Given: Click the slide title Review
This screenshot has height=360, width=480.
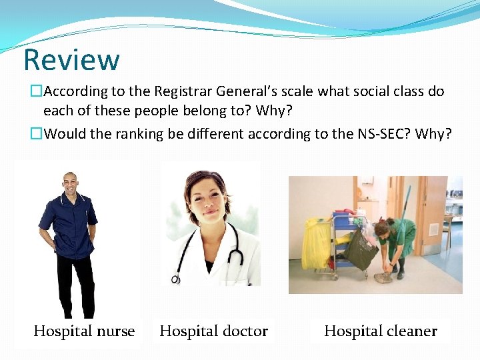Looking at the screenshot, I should tap(71, 59).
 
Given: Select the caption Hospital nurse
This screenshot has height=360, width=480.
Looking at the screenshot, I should tap(84, 331).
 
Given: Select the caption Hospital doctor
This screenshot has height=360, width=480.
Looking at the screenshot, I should tap(213, 331).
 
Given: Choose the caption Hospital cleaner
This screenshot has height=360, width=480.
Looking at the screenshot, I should tap(380, 331).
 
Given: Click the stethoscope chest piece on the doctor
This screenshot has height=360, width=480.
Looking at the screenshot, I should tap(176, 278).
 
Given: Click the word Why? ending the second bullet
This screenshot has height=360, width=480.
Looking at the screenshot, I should tap(433, 134).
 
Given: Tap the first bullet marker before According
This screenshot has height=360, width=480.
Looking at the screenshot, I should tap(37, 91).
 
